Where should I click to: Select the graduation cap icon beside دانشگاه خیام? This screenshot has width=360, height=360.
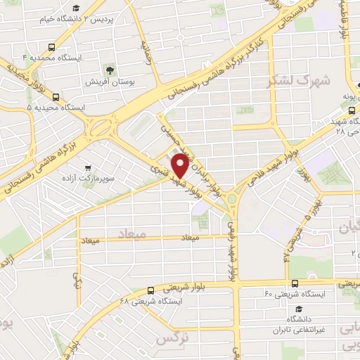pyautogui.click(x=76, y=8)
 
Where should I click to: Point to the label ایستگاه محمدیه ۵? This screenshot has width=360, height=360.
pyautogui.click(x=56, y=108)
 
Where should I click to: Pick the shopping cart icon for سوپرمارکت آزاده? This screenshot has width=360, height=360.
pyautogui.click(x=87, y=168)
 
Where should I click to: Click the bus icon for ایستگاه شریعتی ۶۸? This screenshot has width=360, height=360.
pyautogui.click(x=150, y=290)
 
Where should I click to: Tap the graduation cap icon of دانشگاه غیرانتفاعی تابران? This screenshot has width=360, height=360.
pyautogui.click(x=299, y=309)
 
